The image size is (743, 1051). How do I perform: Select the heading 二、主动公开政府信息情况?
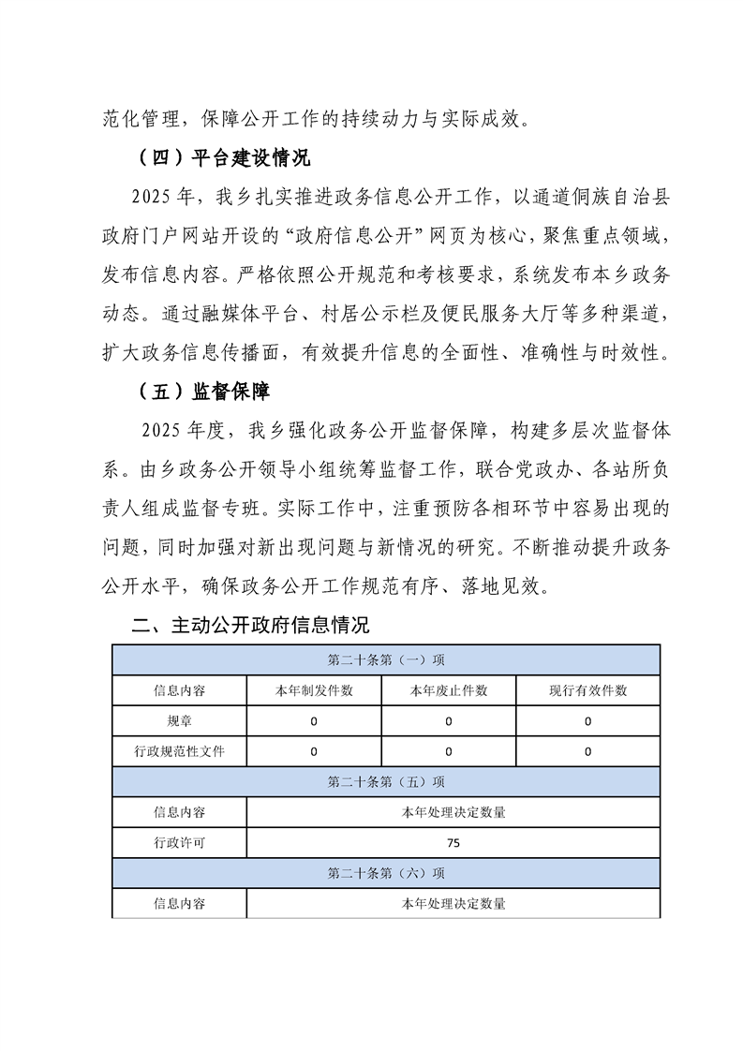(x=250, y=625)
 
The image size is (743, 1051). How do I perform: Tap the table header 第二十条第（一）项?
(x=386, y=659)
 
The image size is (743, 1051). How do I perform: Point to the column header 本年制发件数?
(x=314, y=690)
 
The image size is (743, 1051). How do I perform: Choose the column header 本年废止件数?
(x=449, y=690)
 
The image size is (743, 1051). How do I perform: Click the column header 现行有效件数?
(x=587, y=690)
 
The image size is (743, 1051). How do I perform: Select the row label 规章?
(x=179, y=721)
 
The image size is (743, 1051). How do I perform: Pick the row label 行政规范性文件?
(x=179, y=751)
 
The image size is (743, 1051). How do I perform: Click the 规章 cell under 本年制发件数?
(x=314, y=721)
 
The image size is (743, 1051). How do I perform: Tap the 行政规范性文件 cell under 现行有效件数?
(x=587, y=751)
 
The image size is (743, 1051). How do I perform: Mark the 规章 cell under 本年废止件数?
(x=449, y=721)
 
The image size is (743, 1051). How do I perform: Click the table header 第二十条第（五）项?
(x=386, y=781)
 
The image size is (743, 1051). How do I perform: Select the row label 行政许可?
(x=179, y=842)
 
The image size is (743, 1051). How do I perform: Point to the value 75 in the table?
(x=453, y=842)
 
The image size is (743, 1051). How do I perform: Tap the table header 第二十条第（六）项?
(x=386, y=873)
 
